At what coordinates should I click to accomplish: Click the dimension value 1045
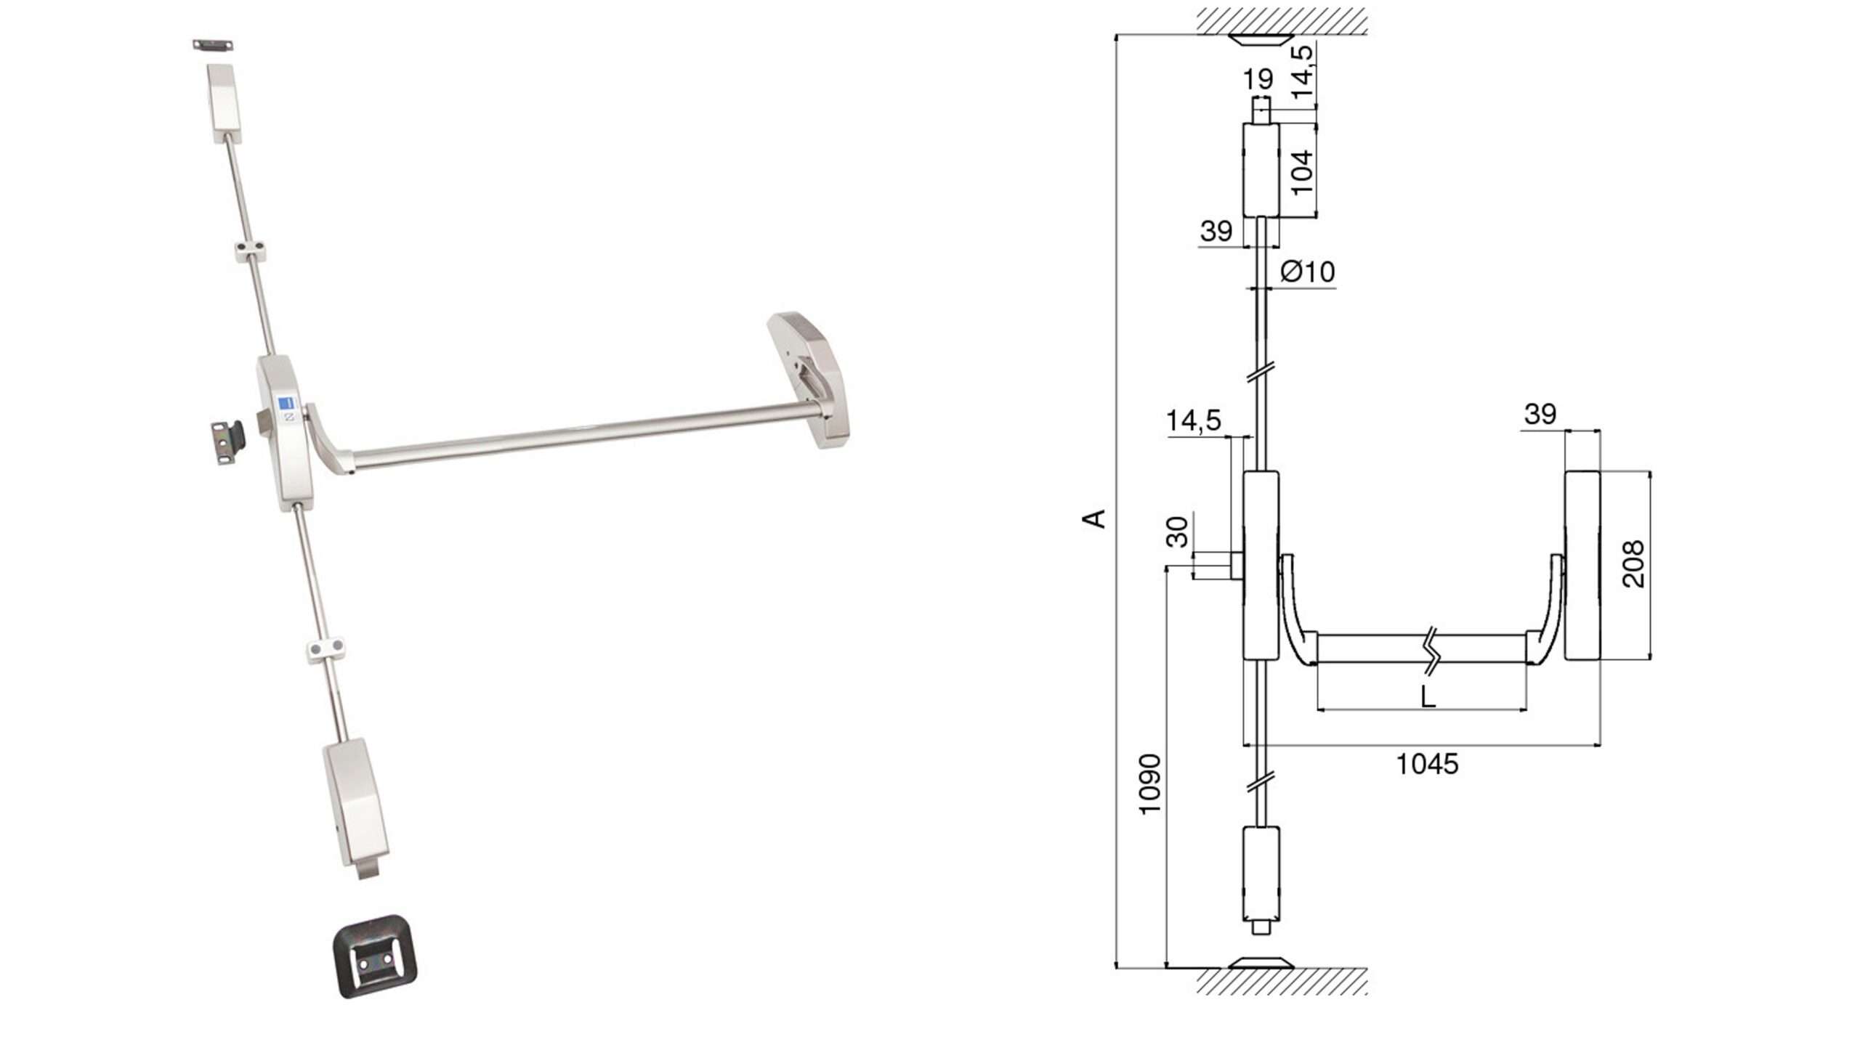(x=1427, y=765)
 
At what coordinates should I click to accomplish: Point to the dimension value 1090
(x=1149, y=785)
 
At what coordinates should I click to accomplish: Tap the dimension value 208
(x=1633, y=563)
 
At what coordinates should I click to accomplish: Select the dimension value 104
(x=1303, y=172)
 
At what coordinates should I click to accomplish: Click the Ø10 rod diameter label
(x=1308, y=272)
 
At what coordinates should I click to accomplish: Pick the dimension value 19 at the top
(x=1258, y=78)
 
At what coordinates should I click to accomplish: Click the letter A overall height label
(x=1094, y=518)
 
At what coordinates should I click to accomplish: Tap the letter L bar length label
(x=1428, y=697)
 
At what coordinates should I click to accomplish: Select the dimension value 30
(x=1177, y=532)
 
